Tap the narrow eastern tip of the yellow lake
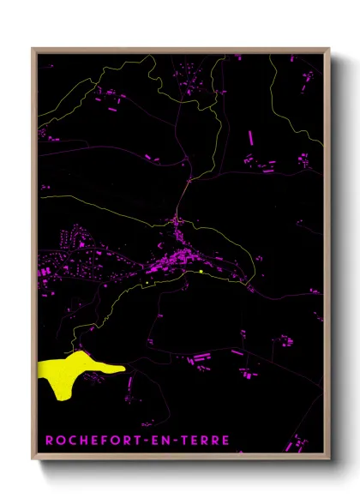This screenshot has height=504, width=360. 123,369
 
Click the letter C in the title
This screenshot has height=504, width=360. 71,441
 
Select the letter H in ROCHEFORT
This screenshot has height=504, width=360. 83,441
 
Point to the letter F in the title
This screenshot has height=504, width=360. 106,441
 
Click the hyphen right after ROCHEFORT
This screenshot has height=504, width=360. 145,441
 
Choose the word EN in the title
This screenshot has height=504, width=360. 160,441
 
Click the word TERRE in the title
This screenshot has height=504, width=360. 204,441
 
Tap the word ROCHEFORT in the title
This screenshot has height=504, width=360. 93,441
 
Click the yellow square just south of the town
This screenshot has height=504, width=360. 200,272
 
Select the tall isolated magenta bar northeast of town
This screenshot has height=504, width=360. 251,136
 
